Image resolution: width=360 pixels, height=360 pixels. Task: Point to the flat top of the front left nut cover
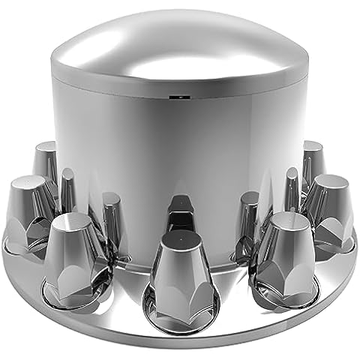[73, 222]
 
